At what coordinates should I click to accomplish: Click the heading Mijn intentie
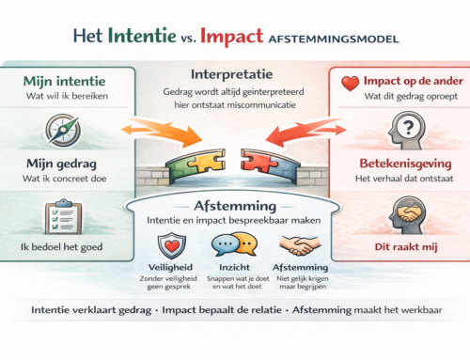[x=55, y=81]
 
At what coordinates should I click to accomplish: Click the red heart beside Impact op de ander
[x=350, y=82]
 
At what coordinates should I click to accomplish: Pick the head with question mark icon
[x=406, y=127]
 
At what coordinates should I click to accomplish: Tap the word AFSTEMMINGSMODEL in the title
[x=332, y=39]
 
